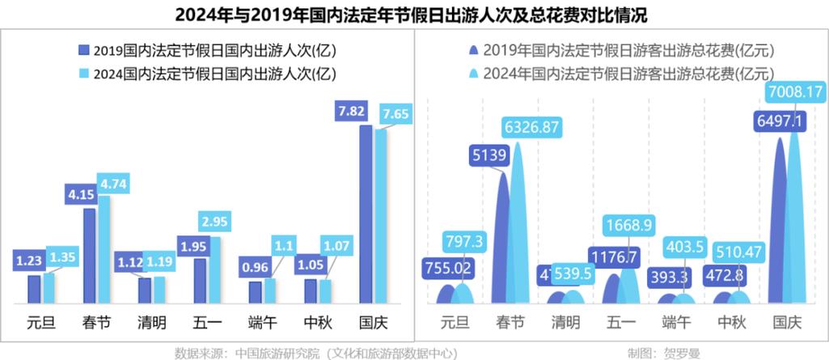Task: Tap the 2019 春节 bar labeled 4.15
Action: click(89, 255)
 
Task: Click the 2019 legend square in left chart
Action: click(83, 50)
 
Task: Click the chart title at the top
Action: click(414, 15)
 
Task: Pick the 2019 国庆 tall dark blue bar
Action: click(366, 214)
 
